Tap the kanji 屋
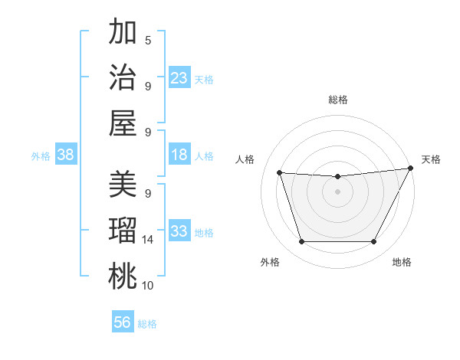click(123, 122)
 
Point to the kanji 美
click(123, 184)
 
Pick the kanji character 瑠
click(123, 230)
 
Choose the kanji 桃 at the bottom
click(123, 276)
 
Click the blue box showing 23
click(179, 77)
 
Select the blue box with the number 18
click(179, 155)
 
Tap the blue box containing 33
click(179, 231)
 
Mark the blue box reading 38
click(66, 155)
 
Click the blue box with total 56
click(123, 322)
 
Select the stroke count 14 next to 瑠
click(148, 240)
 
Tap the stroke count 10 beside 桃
click(148, 286)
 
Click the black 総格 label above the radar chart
click(337, 100)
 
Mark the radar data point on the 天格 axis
click(411, 169)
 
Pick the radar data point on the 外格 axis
click(301, 242)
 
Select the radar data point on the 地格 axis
click(374, 242)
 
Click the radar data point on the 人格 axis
click(279, 173)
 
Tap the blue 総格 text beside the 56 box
click(148, 324)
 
